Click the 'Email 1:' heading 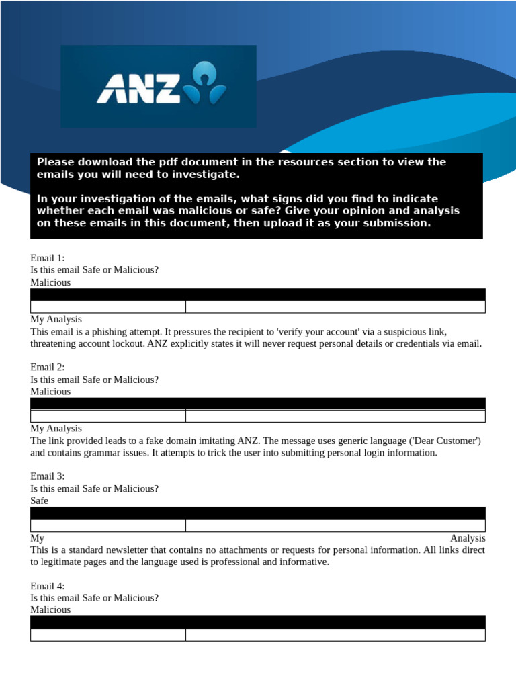coord(48,258)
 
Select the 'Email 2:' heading coord(48,367)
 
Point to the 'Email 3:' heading coord(48,476)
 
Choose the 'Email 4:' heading coord(48,585)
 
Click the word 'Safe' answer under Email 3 coord(40,501)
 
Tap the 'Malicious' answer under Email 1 coord(50,282)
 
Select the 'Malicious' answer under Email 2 coord(50,391)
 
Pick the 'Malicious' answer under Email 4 coord(50,609)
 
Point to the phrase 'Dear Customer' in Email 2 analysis coord(449,441)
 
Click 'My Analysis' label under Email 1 coord(56,319)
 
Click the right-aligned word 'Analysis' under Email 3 coord(468,538)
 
